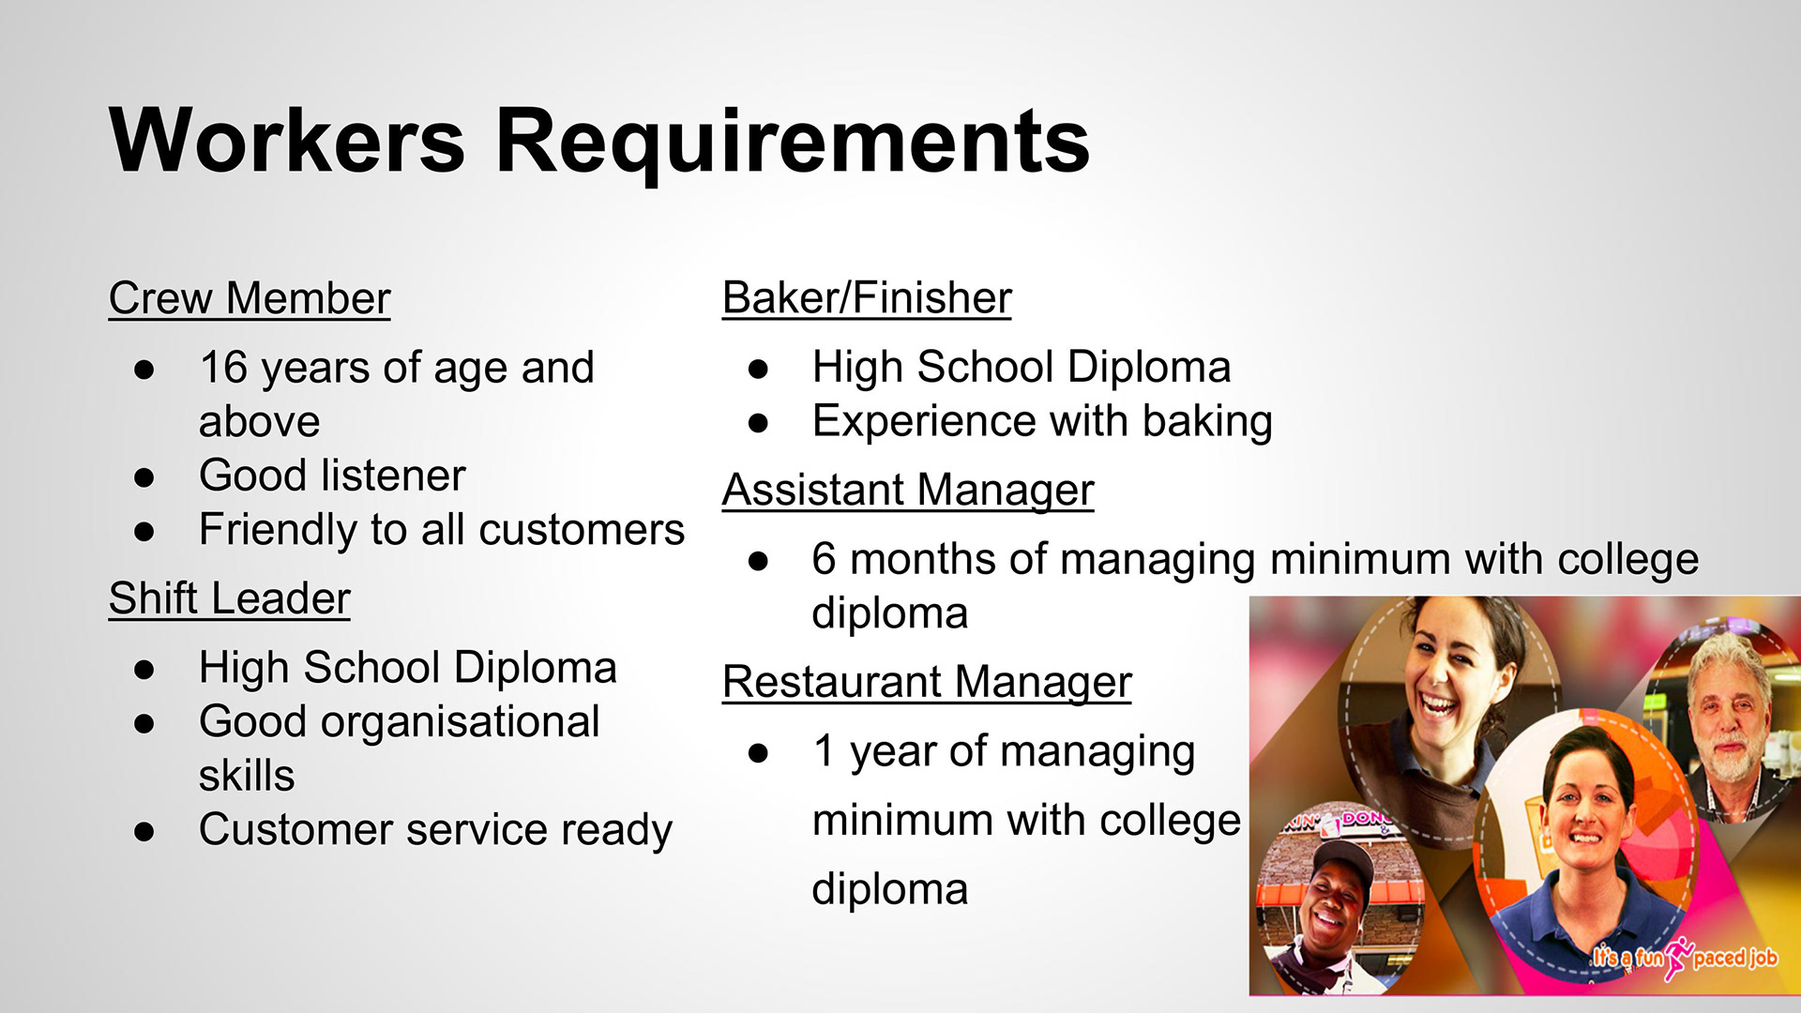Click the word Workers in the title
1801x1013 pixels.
[x=287, y=141]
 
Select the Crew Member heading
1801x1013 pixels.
[x=250, y=298]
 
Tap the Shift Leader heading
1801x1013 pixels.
[x=230, y=598]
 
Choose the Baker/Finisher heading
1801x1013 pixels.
[x=868, y=298]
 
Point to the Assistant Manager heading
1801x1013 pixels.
[x=908, y=491]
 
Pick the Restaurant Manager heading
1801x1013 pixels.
[x=928, y=683]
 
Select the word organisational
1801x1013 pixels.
[x=460, y=722]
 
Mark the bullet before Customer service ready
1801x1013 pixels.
[x=144, y=831]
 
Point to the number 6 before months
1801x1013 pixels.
[x=824, y=559]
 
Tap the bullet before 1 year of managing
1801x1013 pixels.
[x=758, y=752]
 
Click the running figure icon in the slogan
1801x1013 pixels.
[x=1678, y=958]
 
